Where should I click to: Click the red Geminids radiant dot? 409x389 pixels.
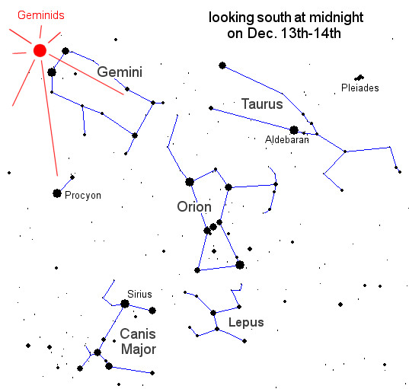[x=40, y=50]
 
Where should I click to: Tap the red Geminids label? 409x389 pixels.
[x=41, y=15]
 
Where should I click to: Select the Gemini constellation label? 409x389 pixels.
[x=120, y=72]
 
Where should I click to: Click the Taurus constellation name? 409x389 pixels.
[x=262, y=104]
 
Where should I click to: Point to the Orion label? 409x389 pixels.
[x=194, y=207]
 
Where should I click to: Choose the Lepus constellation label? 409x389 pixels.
[x=246, y=323]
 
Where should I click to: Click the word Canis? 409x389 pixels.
[x=138, y=333]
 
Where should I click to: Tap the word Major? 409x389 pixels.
[x=139, y=349]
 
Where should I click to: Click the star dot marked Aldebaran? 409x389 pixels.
[x=294, y=130]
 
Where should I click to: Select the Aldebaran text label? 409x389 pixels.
[x=287, y=140]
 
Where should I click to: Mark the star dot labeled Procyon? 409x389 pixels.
[x=57, y=193]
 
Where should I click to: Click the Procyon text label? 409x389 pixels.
[x=83, y=196]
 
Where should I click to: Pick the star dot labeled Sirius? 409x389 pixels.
[x=125, y=304]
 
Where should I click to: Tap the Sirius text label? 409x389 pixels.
[x=139, y=294]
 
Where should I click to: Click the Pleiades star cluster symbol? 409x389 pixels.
[x=359, y=78]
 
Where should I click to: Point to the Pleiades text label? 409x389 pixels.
[x=360, y=88]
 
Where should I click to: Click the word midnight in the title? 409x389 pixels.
[x=336, y=18]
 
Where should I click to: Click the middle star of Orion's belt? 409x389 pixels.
[x=213, y=227]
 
